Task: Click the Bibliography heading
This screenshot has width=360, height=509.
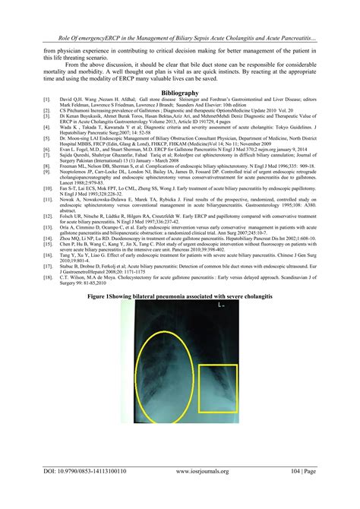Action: coord(180,91)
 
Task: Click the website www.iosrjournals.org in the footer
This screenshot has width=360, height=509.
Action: coord(190,492)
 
